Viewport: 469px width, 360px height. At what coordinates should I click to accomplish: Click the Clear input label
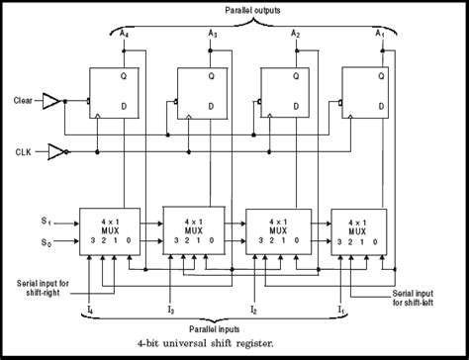tap(26, 100)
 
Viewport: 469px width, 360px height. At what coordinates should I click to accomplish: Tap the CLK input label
tap(29, 151)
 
